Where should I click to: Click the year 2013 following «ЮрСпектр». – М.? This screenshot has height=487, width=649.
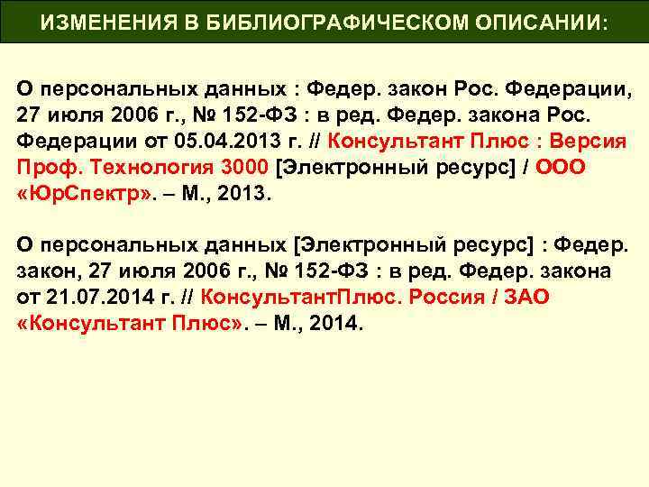tap(240, 195)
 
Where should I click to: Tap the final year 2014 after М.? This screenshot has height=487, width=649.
tap(334, 323)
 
